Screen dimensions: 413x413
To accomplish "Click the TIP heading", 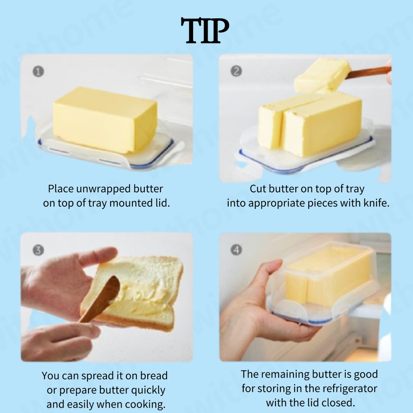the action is point(204,31).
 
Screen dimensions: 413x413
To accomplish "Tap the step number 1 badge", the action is point(38,71).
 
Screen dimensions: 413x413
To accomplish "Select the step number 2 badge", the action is point(236,71).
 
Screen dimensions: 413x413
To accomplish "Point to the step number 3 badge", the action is point(38,250).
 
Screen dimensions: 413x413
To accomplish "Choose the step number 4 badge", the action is point(236,250).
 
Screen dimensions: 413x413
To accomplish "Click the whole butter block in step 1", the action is point(105,120).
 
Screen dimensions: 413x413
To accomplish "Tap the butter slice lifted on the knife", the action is point(322,75).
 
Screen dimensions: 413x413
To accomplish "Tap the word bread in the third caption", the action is point(154,375).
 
